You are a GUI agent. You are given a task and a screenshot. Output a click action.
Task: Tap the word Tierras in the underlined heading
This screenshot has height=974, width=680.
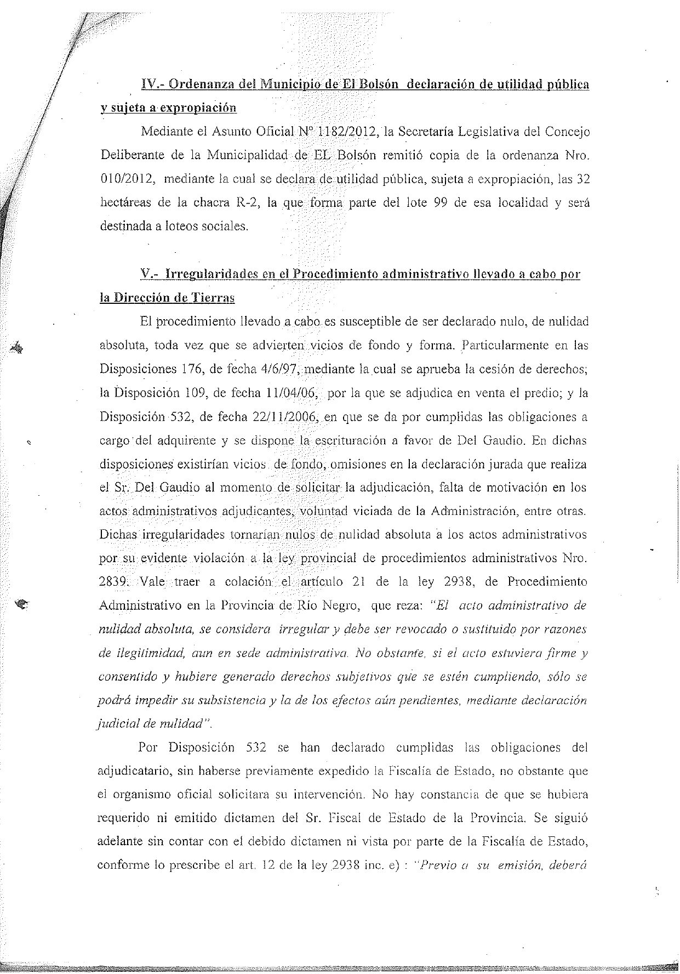[x=213, y=298]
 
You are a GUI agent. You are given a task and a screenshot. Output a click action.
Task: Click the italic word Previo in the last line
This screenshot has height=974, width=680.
[x=437, y=865]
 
